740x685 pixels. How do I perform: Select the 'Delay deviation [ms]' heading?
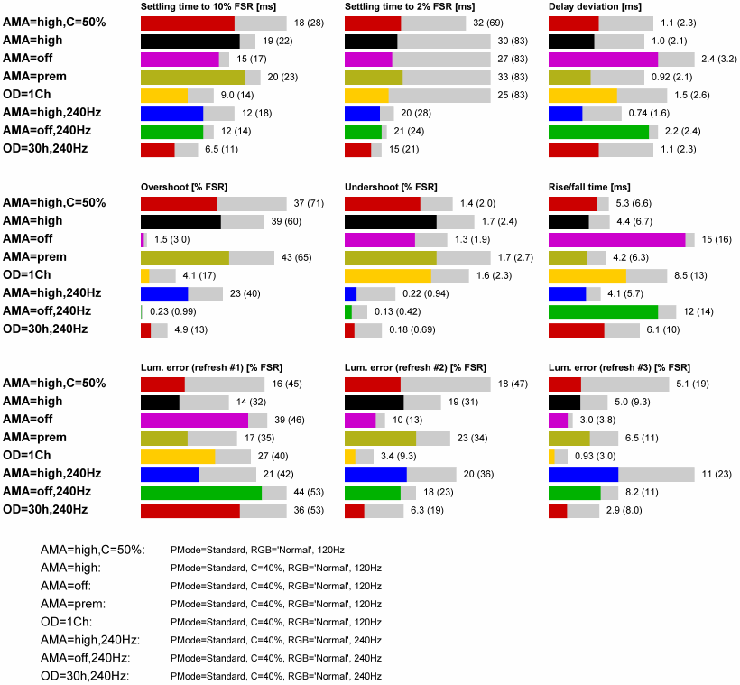tap(597, 6)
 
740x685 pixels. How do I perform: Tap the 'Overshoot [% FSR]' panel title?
tap(184, 187)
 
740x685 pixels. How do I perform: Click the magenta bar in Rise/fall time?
tap(617, 240)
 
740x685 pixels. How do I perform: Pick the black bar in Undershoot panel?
tap(391, 222)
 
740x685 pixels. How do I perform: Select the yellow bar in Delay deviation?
tap(583, 96)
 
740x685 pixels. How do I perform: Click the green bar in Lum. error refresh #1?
tap(201, 492)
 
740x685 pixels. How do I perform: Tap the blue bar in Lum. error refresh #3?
tap(583, 474)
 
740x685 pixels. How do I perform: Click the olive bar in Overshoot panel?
tap(185, 258)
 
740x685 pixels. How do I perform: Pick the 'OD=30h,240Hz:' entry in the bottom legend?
tap(85, 676)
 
